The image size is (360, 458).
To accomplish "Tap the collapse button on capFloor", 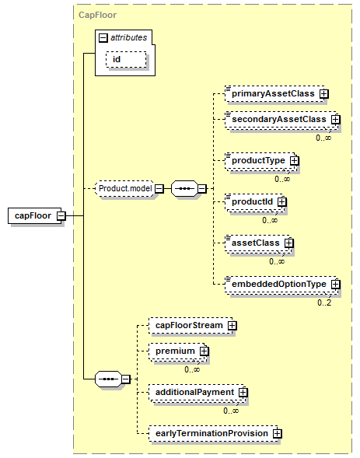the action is [61, 216].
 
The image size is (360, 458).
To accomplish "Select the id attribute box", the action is [126, 60].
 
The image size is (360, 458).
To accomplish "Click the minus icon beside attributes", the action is [103, 37].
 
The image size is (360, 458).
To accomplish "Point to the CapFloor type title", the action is [97, 15].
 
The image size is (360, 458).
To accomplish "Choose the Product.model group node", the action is [124, 188].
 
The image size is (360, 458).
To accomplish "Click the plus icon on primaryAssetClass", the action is [323, 94].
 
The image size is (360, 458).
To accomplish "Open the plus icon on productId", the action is [282, 202].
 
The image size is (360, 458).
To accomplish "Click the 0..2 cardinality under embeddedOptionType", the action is [324, 302].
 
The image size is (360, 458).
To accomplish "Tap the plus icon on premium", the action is [204, 351].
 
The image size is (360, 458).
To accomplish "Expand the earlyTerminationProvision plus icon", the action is [277, 433].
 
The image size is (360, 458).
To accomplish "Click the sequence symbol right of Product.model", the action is [184, 188].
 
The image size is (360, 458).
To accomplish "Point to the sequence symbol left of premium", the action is [108, 379].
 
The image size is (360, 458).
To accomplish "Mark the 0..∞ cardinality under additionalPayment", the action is [231, 411].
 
